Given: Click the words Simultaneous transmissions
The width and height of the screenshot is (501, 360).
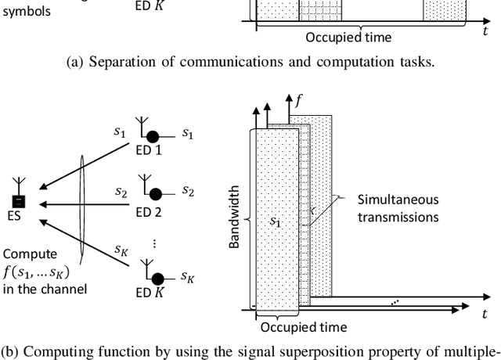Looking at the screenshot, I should pos(398,207).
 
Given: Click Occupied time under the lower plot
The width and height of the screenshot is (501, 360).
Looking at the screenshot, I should pos(294,327).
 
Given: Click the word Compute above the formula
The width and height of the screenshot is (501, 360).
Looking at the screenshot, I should pos(27,254).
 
